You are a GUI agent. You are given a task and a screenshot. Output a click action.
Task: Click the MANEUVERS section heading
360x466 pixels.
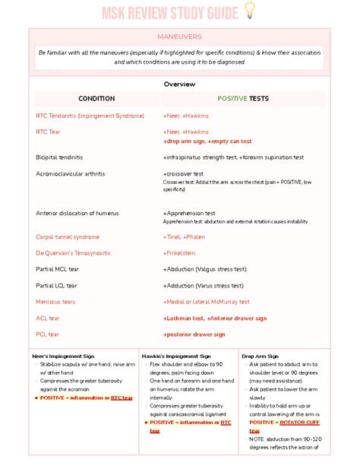[x=179, y=36]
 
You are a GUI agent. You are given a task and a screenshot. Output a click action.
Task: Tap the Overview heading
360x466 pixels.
[x=180, y=84]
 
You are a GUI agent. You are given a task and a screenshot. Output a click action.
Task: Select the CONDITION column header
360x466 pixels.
[x=96, y=99]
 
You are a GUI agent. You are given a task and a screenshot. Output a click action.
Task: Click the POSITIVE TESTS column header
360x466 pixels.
[x=242, y=99]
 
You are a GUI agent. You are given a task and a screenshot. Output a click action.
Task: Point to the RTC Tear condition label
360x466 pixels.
[x=52, y=132]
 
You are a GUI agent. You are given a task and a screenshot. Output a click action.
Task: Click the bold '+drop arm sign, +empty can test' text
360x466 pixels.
[x=207, y=141]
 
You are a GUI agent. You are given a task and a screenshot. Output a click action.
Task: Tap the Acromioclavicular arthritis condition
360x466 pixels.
[x=70, y=173]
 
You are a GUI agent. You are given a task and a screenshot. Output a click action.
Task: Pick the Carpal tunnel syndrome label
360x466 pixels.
[x=68, y=236]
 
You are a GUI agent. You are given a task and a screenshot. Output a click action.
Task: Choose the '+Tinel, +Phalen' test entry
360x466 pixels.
[x=184, y=236]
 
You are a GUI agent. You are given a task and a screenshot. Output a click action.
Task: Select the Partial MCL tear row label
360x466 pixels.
[x=57, y=269]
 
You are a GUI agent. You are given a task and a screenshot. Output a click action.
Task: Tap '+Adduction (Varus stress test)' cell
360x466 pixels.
[x=203, y=285]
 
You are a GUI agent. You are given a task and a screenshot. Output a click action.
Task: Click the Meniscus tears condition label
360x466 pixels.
[x=55, y=302]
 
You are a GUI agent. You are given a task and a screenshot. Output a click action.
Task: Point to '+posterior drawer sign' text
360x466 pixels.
[x=194, y=334]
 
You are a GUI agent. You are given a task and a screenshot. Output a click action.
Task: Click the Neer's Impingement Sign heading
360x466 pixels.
[x=63, y=356]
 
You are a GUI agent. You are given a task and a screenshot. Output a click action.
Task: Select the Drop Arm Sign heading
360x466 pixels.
[x=261, y=356]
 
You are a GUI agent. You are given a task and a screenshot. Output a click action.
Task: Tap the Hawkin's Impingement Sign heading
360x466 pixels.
[x=176, y=356]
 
